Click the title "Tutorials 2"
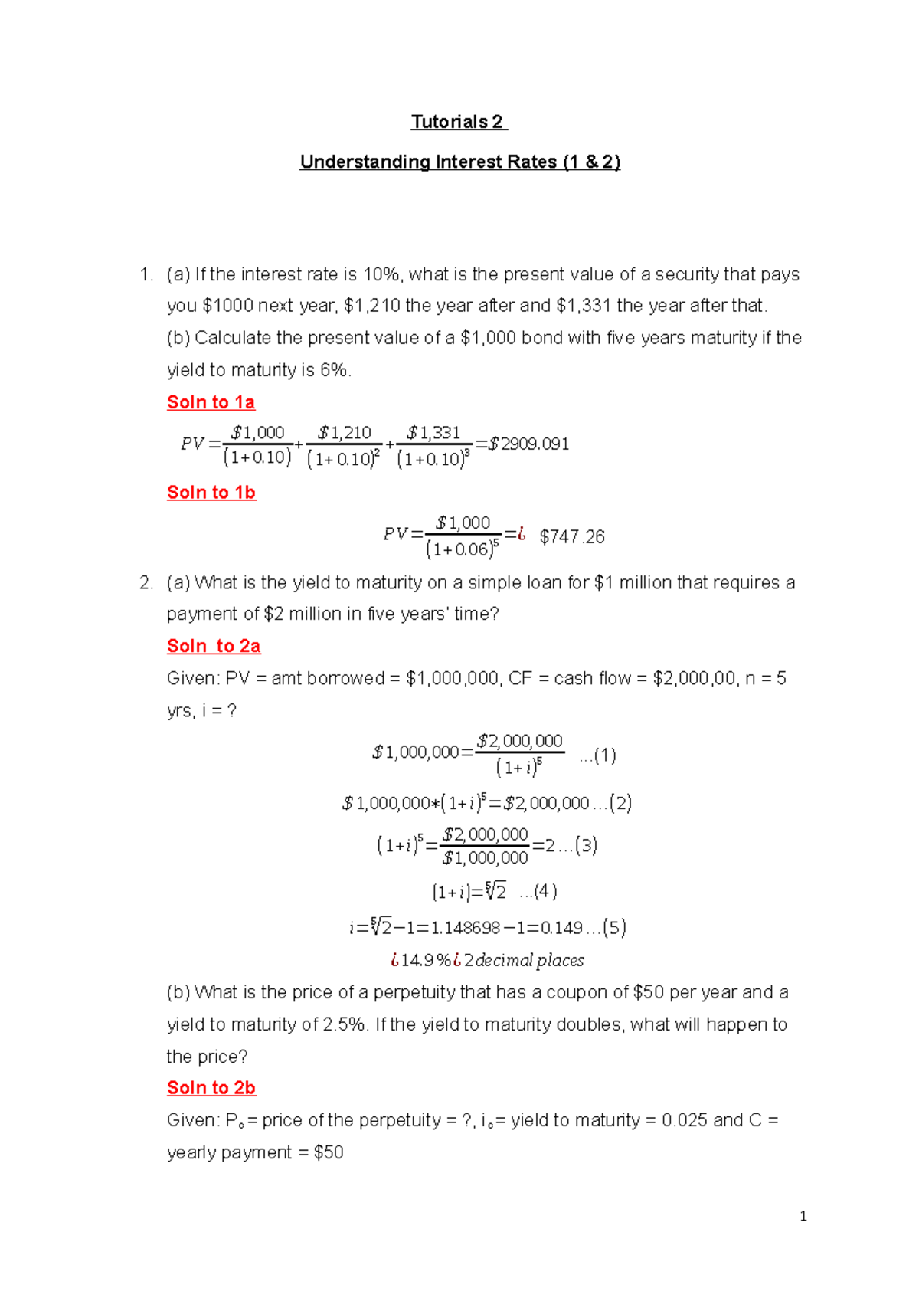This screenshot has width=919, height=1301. pyautogui.click(x=458, y=122)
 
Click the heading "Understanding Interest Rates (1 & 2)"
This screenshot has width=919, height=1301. pyautogui.click(x=459, y=162)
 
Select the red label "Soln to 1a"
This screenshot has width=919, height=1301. pyautogui.click(x=211, y=402)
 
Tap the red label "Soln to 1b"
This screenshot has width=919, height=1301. pyautogui.click(x=211, y=492)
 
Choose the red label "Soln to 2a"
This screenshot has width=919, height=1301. pyautogui.click(x=214, y=646)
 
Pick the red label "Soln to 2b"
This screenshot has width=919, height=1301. pyautogui.click(x=211, y=1087)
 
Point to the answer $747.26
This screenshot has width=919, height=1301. pyautogui.click(x=572, y=536)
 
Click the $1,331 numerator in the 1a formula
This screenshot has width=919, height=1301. pyautogui.click(x=433, y=433)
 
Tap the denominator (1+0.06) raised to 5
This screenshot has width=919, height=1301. pyautogui.click(x=462, y=549)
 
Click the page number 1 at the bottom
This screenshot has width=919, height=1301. pyautogui.click(x=803, y=1216)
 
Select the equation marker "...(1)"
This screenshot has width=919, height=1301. pyautogui.click(x=598, y=756)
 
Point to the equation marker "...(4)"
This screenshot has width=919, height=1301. pyautogui.click(x=538, y=891)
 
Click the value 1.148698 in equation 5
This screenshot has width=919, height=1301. pyautogui.click(x=466, y=928)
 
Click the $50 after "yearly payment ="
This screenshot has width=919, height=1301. pyautogui.click(x=329, y=1152)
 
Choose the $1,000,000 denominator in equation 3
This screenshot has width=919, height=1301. pyautogui.click(x=485, y=858)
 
